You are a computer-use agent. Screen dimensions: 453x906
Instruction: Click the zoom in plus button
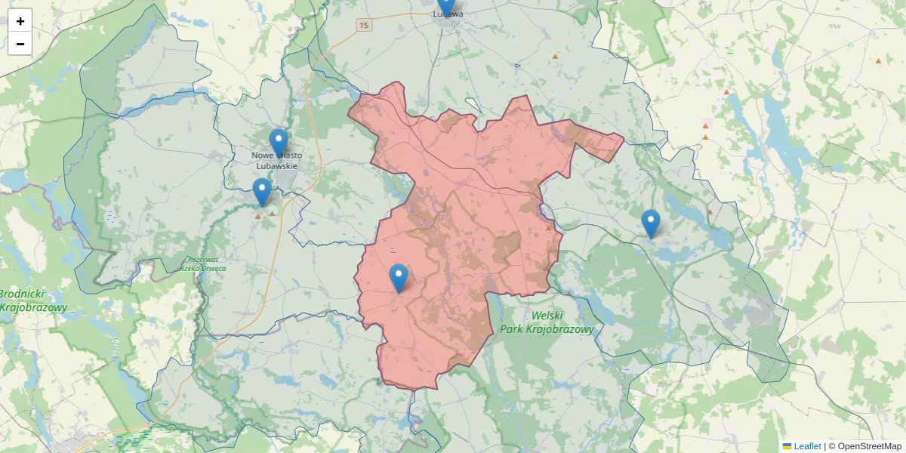(x=20, y=21)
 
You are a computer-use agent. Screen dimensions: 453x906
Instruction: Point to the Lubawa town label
(x=448, y=14)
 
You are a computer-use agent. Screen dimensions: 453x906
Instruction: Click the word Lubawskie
(x=277, y=166)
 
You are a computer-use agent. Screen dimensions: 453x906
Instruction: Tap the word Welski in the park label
(x=547, y=316)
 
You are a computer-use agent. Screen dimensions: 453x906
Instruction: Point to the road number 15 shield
(x=365, y=26)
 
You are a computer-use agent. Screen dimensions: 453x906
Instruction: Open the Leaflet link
(x=807, y=446)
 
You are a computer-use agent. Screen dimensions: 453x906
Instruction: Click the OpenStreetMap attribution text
(x=864, y=446)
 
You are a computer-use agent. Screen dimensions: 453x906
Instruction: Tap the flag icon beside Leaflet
(x=787, y=446)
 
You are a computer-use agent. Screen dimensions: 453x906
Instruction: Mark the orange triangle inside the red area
(x=548, y=227)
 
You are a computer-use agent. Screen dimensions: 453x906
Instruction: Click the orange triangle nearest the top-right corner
(x=878, y=60)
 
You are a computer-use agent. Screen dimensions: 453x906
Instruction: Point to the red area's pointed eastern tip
(x=623, y=137)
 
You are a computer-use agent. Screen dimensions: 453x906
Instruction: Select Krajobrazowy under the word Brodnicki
(x=34, y=308)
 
